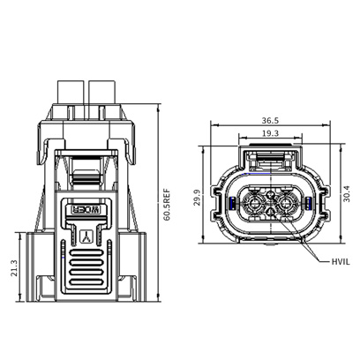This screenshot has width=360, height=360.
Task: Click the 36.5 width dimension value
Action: [x=270, y=121]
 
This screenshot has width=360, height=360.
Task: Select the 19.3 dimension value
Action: [x=270, y=133]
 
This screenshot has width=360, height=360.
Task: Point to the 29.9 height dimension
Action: [x=198, y=198]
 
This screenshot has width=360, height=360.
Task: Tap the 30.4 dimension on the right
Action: [x=347, y=193]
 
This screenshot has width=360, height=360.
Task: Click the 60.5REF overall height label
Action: [x=167, y=205]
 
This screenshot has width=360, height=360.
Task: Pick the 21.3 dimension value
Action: [x=14, y=268]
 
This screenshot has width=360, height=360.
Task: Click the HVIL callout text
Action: [x=341, y=262]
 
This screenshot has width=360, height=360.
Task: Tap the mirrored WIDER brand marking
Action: [x=86, y=210]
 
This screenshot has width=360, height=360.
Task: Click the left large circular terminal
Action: [x=253, y=203]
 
